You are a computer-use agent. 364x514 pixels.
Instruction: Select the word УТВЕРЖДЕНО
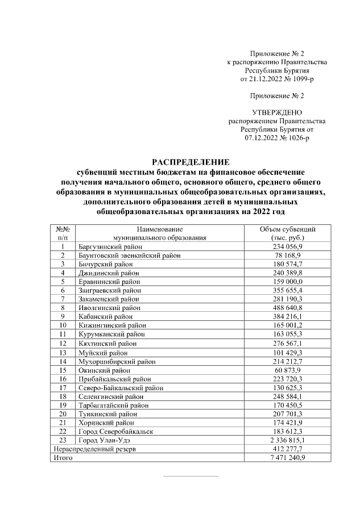point(277,113)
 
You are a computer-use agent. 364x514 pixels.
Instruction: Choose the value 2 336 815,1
point(287,440)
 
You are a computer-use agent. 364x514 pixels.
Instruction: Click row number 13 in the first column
point(63,353)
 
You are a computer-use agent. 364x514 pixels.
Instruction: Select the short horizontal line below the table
point(191,476)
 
